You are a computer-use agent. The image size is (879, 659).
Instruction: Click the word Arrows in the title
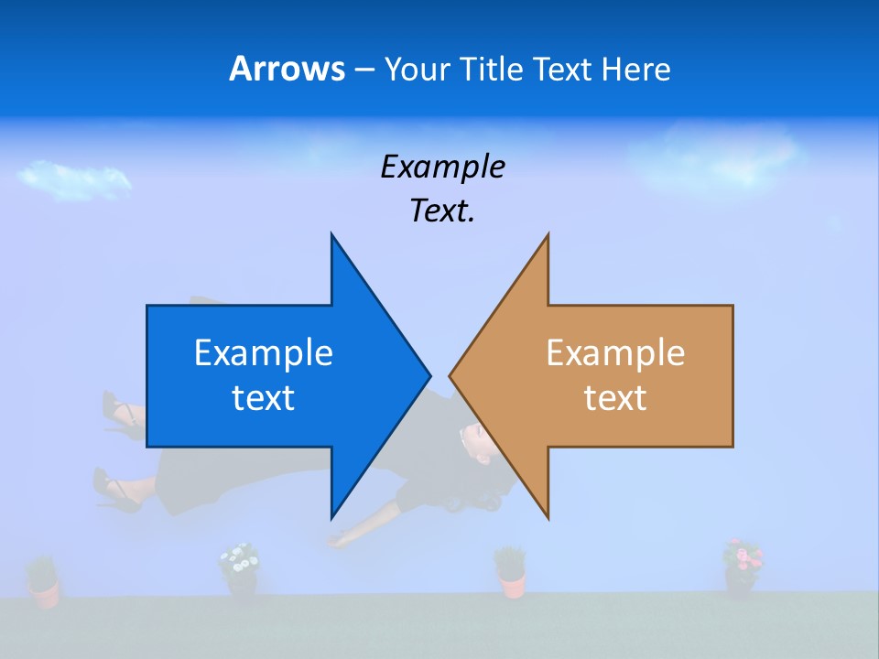286,69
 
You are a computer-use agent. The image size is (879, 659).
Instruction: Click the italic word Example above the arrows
442,167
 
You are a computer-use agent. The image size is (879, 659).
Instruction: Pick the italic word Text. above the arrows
442,211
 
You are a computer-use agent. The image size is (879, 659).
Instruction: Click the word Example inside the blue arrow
264,352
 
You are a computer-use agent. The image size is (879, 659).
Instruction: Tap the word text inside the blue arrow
264,397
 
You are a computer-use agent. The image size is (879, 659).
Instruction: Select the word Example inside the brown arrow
615,352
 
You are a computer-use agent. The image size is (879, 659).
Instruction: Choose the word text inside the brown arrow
615,397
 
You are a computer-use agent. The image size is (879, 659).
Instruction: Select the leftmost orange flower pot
42,586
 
